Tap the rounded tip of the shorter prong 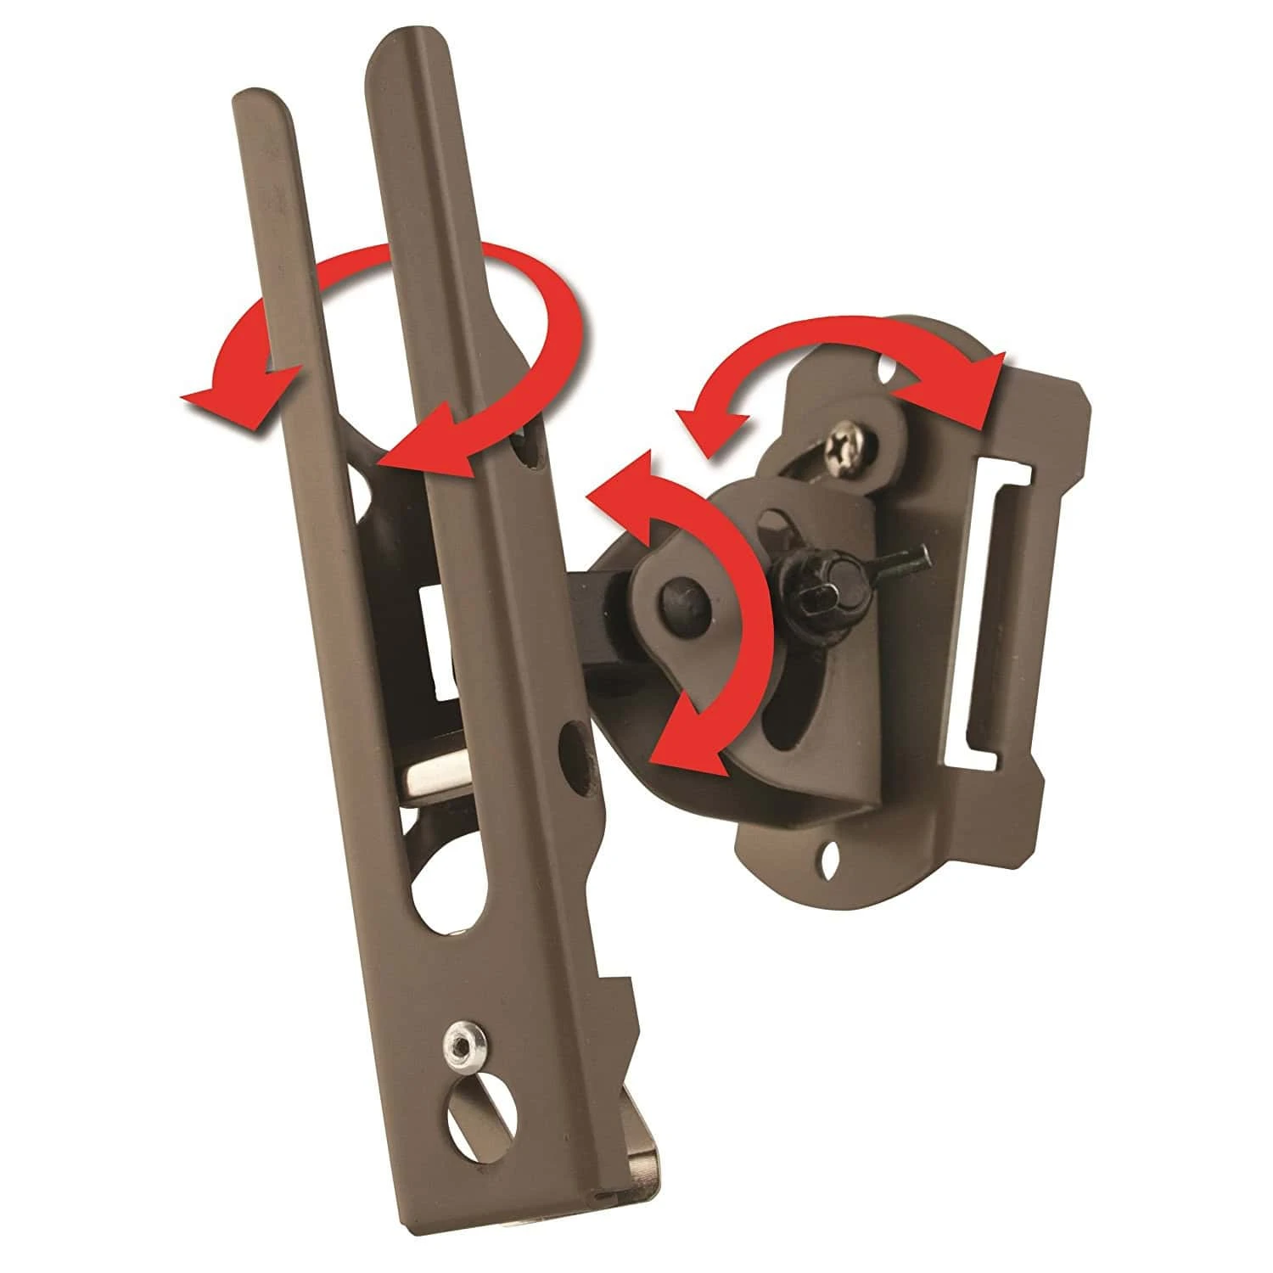click(x=259, y=100)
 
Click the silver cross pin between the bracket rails click(x=441, y=777)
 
